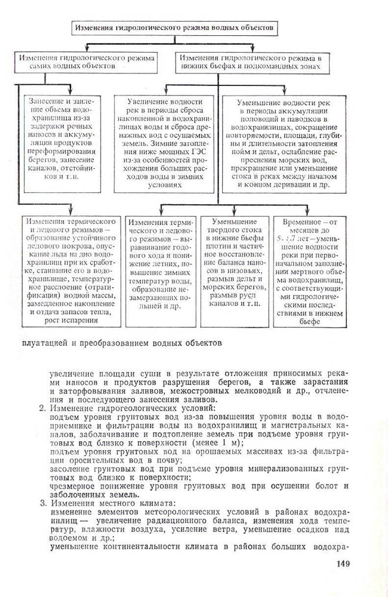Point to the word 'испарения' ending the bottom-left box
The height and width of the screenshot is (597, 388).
(75, 321)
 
